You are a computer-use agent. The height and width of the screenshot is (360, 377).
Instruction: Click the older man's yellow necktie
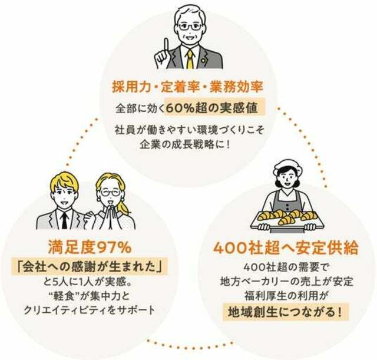pyautogui.click(x=190, y=59)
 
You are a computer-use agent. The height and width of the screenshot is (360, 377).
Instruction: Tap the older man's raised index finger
pyautogui.click(x=166, y=46)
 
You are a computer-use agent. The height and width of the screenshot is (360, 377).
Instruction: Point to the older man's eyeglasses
pyautogui.click(x=190, y=27)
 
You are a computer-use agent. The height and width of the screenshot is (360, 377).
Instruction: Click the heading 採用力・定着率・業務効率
pyautogui.click(x=187, y=87)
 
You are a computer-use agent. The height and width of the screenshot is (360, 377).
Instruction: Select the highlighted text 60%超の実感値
pyautogui.click(x=212, y=108)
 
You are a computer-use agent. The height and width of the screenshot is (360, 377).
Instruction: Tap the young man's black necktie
pyautogui.click(x=64, y=220)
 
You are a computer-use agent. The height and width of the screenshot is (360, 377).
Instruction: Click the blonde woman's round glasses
pyautogui.click(x=111, y=193)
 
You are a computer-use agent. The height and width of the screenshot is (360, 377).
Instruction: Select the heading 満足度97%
pyautogui.click(x=90, y=247)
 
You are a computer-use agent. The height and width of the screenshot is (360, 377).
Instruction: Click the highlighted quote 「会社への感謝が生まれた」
pyautogui.click(x=90, y=266)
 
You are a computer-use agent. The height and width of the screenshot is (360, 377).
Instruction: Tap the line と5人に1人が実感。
pyautogui.click(x=88, y=282)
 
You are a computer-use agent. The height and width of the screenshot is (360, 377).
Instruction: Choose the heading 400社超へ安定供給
pyautogui.click(x=286, y=248)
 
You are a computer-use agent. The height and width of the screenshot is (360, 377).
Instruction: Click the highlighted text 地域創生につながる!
pyautogui.click(x=285, y=312)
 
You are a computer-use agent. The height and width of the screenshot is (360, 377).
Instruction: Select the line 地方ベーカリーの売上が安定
pyautogui.click(x=287, y=282)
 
